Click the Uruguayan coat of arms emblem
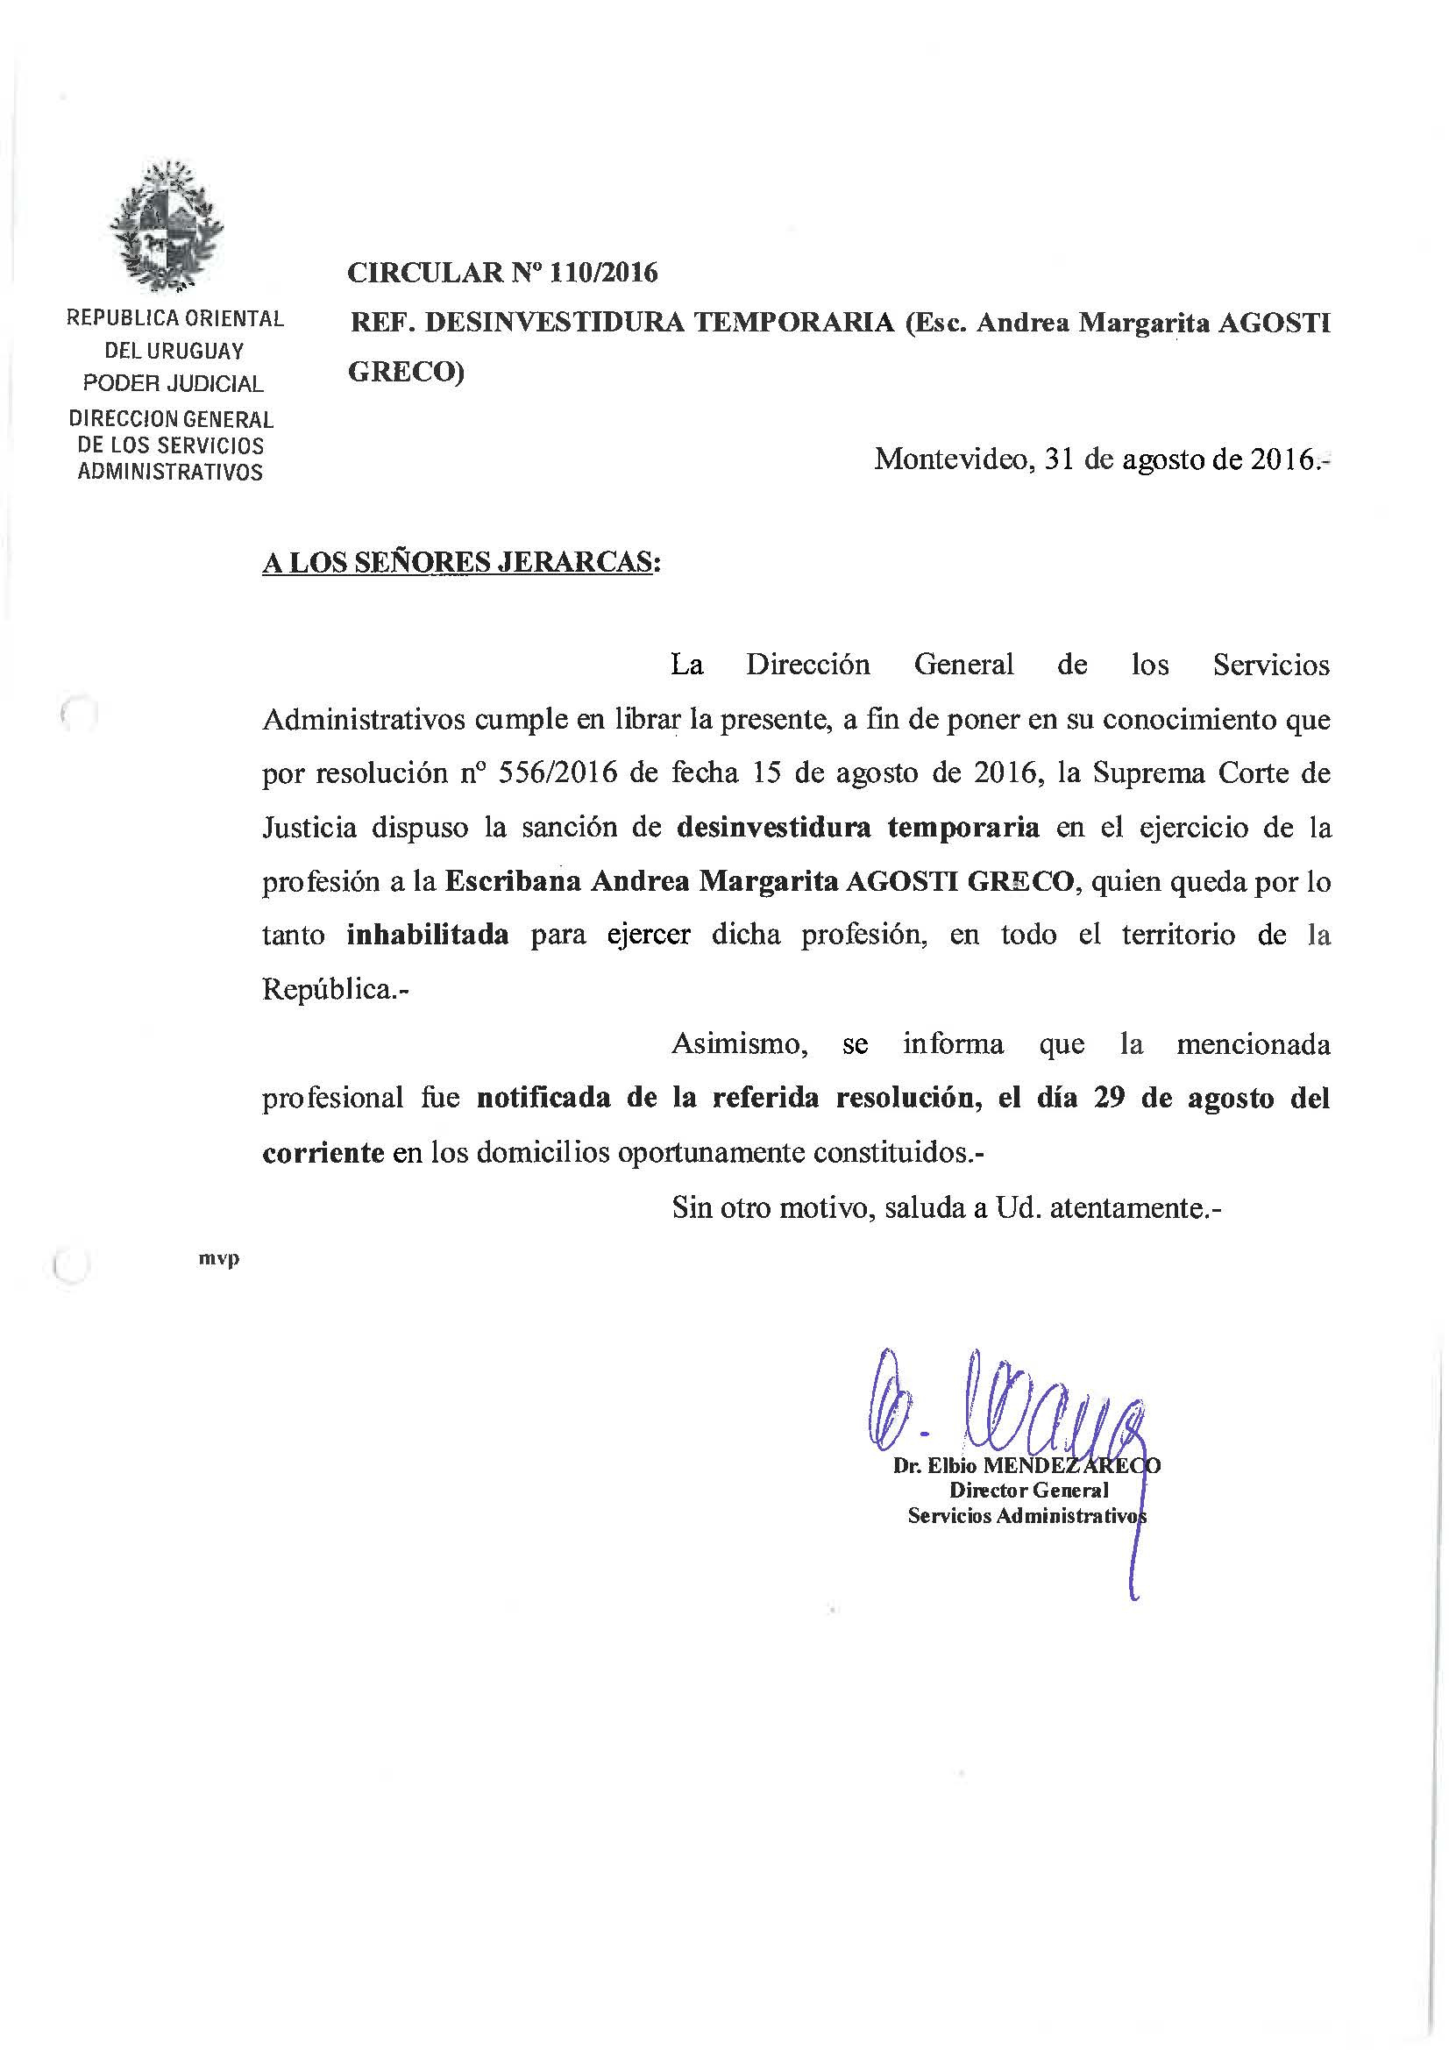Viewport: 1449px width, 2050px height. [167, 227]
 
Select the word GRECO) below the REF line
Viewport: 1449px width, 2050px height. [406, 373]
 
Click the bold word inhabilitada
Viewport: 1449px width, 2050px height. [428, 935]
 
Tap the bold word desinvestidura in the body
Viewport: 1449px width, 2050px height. [773, 827]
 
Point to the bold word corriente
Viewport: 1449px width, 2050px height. [323, 1153]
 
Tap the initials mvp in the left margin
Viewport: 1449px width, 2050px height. [220, 1259]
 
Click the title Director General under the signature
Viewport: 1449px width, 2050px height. [1028, 1490]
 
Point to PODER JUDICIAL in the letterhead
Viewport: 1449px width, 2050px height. [174, 384]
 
